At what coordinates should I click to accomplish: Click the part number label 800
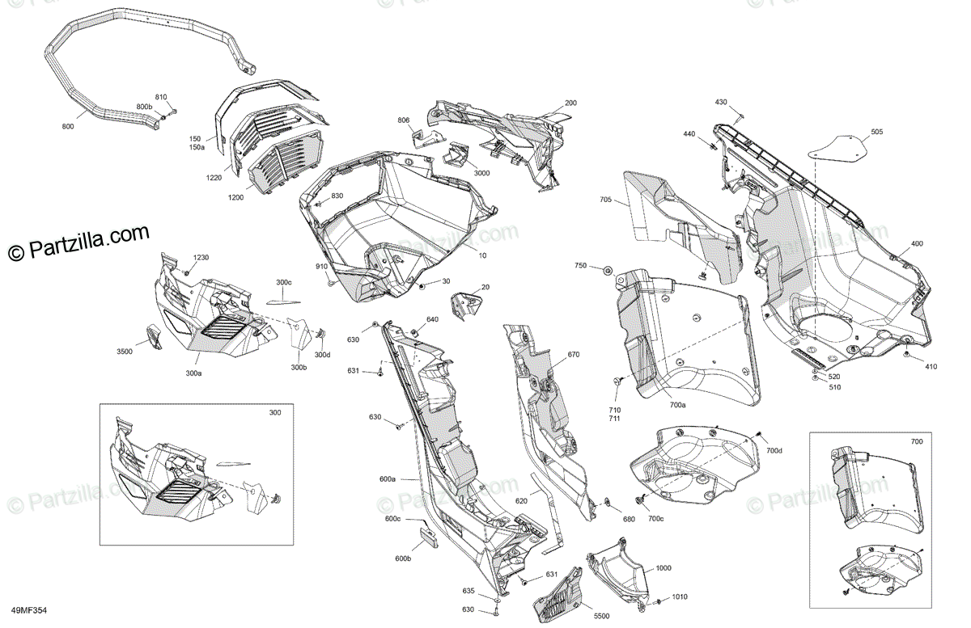coord(67,127)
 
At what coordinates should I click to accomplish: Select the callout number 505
coord(877,132)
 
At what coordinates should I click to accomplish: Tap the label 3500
coord(124,352)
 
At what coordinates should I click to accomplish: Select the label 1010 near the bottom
coord(680,597)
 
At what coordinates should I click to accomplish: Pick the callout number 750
coord(581,266)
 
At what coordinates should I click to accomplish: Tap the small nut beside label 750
coord(607,269)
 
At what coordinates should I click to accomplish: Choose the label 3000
coord(481,174)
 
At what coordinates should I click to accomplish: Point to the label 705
coord(606,200)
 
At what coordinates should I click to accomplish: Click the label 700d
coord(774,449)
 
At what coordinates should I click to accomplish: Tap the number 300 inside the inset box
coord(275,413)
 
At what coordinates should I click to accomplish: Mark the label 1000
coord(664,568)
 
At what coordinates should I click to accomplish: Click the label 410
coord(931,366)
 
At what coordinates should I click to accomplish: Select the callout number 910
coord(321,267)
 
